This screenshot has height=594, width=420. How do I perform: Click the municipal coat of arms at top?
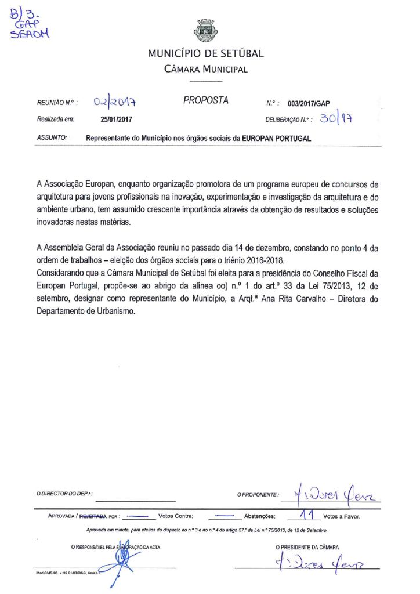(x=205, y=30)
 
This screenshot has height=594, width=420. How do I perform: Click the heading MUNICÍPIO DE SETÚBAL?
(x=205, y=54)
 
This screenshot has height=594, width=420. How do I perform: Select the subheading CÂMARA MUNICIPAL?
(x=205, y=70)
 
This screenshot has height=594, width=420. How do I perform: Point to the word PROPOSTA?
(x=206, y=100)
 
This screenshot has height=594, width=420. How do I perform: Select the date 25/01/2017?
(x=117, y=120)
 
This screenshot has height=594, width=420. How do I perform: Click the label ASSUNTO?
(x=51, y=139)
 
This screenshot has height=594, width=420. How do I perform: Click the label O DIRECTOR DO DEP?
(x=64, y=494)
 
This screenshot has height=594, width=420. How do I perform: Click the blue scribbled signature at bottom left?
(x=122, y=560)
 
